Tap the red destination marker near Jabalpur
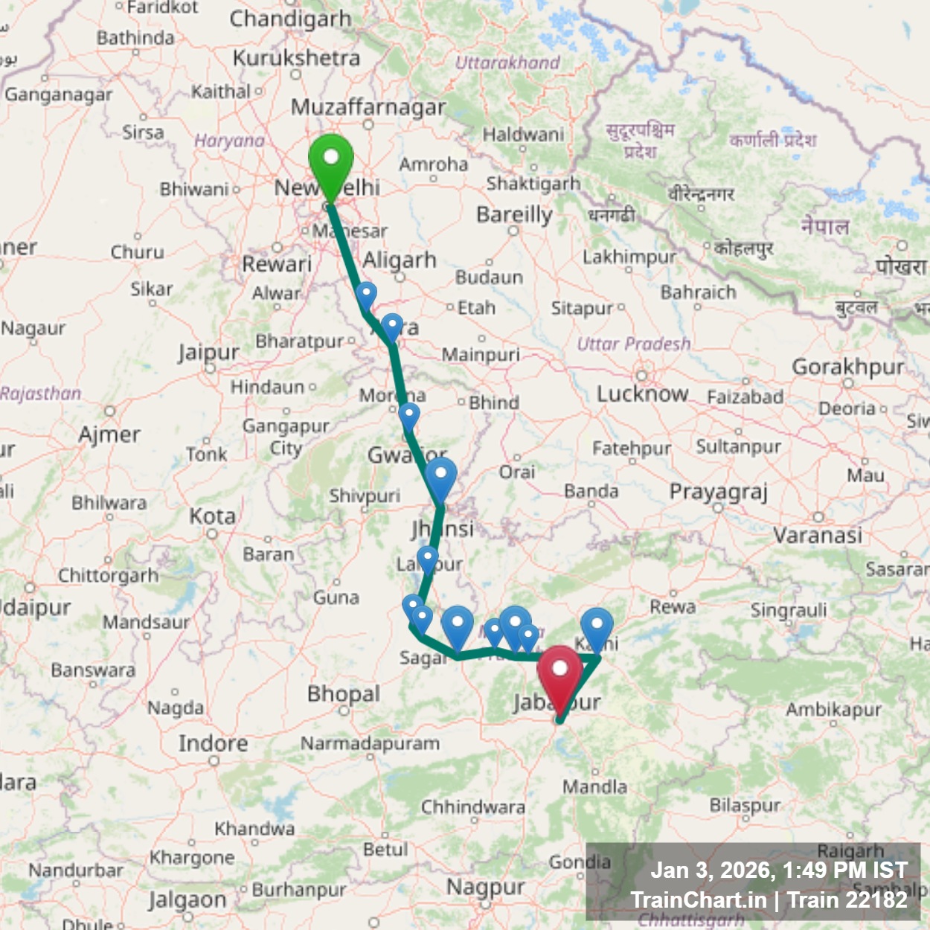coord(559,671)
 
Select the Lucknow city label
coord(642,393)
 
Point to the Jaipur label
coord(208,352)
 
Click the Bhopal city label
coord(344,694)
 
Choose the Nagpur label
coord(485,887)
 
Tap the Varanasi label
coord(818,534)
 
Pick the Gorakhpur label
coord(847,366)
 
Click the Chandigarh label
coord(290,19)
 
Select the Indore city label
coord(213,743)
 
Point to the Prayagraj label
coord(718,492)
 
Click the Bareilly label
coord(514,215)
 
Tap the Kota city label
coord(212,516)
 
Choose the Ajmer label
coord(109,434)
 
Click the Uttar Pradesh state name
coord(634,344)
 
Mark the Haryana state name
coord(229,141)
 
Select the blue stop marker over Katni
coord(597,626)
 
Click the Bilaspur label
coord(745,805)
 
